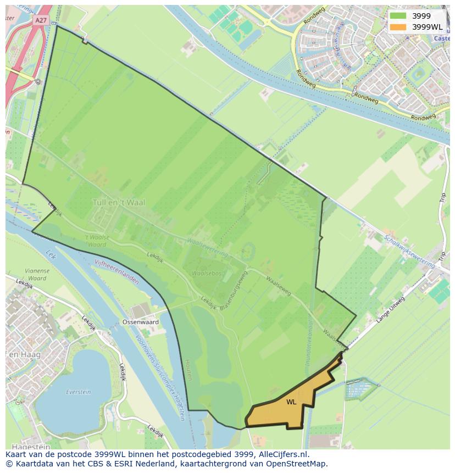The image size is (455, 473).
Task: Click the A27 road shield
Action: [x=41, y=20]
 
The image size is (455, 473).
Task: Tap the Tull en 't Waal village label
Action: [x=119, y=202]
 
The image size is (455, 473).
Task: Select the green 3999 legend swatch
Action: [x=398, y=16]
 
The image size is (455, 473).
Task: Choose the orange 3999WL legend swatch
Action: [x=398, y=27]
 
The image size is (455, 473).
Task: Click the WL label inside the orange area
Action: [x=291, y=402]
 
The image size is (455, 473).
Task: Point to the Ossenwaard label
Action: [x=141, y=322]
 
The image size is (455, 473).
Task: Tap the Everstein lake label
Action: [x=79, y=392]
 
